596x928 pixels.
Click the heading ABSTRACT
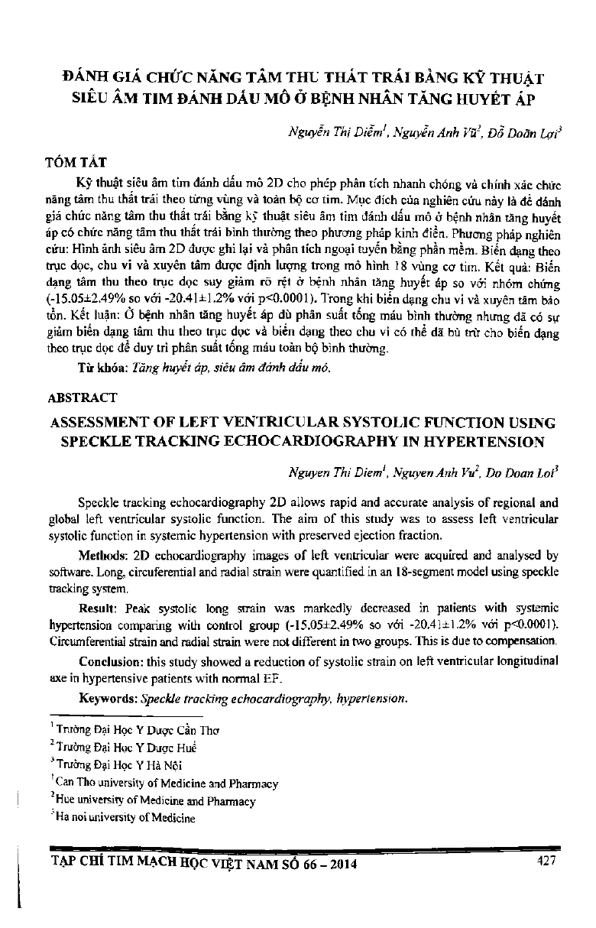(83, 397)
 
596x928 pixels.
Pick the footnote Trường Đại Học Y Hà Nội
(118, 764)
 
